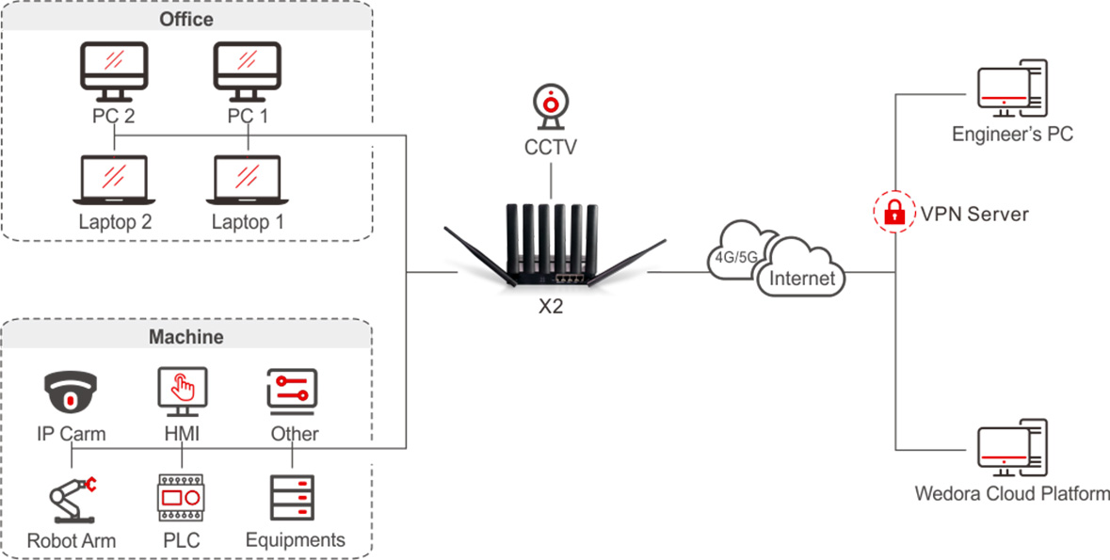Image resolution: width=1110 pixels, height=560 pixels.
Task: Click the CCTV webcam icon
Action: [x=551, y=106]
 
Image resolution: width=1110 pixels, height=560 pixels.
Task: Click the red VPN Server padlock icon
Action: [x=894, y=214]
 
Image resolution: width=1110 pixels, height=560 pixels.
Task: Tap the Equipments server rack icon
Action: [x=293, y=499]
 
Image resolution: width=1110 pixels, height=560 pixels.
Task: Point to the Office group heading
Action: [x=187, y=19]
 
